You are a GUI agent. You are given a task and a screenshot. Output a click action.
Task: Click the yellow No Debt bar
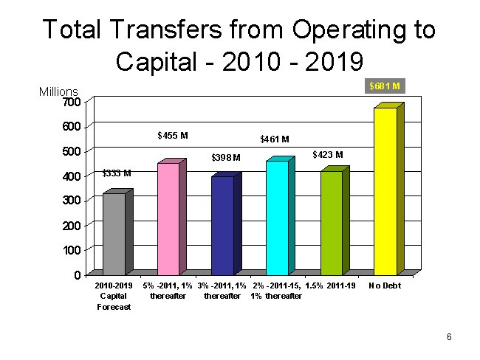[385, 192]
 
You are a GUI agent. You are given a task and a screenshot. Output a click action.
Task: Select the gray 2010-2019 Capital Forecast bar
[114, 234]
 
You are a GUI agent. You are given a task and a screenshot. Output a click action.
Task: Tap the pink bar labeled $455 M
[168, 219]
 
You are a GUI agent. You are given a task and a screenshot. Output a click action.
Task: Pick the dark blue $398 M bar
[222, 226]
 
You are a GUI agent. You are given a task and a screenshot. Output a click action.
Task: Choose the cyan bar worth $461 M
[277, 218]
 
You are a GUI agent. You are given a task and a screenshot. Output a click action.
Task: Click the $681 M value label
[385, 86]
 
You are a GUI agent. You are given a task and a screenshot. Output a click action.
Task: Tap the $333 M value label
[117, 173]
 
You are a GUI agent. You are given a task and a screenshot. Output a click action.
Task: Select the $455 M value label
[173, 136]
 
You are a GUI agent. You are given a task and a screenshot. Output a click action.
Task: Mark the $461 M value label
[275, 139]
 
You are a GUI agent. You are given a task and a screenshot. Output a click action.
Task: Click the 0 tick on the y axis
[78, 275]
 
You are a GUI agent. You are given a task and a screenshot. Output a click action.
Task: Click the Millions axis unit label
[58, 92]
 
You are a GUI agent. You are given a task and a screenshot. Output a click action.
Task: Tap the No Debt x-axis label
[385, 285]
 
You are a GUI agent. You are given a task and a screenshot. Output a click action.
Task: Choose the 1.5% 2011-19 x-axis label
[330, 285]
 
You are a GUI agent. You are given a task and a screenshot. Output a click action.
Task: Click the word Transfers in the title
[174, 30]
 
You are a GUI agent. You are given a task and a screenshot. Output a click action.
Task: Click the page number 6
[449, 337]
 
